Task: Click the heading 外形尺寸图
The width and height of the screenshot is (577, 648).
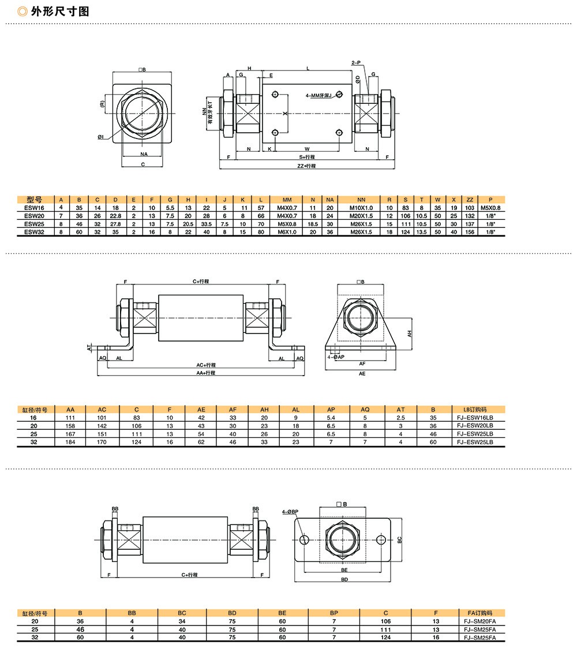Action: click(60, 11)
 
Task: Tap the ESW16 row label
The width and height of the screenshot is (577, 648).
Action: click(34, 208)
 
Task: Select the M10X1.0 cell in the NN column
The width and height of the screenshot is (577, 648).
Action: click(361, 208)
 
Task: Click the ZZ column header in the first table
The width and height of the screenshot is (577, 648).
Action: click(470, 200)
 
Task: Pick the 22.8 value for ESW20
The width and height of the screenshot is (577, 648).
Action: click(115, 216)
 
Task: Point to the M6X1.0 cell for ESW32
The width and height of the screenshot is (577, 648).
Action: click(287, 232)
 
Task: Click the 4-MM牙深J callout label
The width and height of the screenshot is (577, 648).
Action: click(319, 95)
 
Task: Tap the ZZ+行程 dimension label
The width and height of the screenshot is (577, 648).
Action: click(306, 166)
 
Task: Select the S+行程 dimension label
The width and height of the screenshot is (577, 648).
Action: click(307, 157)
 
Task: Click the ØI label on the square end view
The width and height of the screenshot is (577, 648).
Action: click(101, 137)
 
